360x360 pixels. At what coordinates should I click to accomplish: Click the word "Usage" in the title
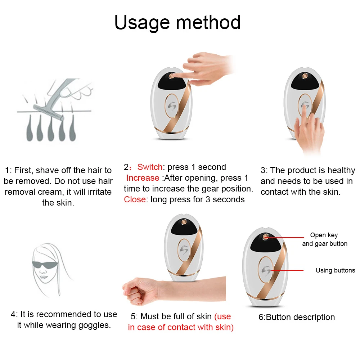[142, 23]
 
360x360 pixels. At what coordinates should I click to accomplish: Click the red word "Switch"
[150, 167]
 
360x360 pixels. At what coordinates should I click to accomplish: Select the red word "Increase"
[143, 178]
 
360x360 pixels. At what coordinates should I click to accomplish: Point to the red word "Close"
[135, 199]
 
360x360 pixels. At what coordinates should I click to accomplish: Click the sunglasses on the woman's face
[45, 265]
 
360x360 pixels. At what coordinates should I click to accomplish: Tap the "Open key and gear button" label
[324, 239]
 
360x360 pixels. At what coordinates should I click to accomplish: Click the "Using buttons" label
[335, 270]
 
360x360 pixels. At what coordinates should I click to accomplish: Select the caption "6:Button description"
[297, 317]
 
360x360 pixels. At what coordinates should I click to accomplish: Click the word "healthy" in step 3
[341, 170]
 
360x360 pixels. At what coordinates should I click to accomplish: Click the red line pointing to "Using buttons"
[287, 270]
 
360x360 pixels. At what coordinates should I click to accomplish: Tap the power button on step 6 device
[266, 237]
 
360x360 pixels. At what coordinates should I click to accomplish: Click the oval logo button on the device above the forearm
[184, 250]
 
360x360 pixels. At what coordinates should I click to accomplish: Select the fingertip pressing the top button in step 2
[175, 76]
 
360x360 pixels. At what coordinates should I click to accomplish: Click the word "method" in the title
[208, 22]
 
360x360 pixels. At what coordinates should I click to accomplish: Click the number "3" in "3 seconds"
[208, 199]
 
